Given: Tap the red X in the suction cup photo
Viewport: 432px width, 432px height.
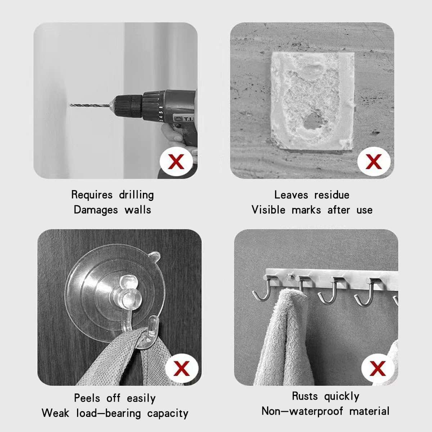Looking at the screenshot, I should point(181,368).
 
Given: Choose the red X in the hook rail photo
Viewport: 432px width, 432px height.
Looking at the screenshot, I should point(378,368).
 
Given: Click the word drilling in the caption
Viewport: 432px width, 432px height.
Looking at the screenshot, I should point(136,195).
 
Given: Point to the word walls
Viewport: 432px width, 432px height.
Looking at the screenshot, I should point(138,210).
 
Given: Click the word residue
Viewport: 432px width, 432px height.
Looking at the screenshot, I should point(331,195).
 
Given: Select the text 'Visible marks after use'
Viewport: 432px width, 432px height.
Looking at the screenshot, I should point(312,210).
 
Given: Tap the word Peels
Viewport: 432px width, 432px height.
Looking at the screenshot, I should point(87,398).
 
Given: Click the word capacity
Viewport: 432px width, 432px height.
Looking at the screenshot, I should point(168,413).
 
